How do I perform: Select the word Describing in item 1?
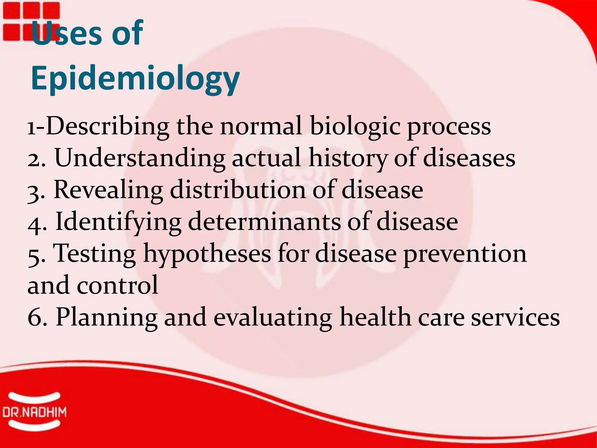click(x=107, y=127)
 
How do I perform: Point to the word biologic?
click(x=354, y=127)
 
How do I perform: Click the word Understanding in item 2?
click(x=140, y=158)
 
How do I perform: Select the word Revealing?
click(x=108, y=190)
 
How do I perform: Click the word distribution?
click(x=238, y=190)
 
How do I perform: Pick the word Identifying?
click(x=118, y=222)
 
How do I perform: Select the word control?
click(x=117, y=285)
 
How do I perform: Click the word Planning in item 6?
click(x=106, y=318)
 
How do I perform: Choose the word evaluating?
click(x=273, y=318)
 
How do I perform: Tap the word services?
click(x=515, y=318)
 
